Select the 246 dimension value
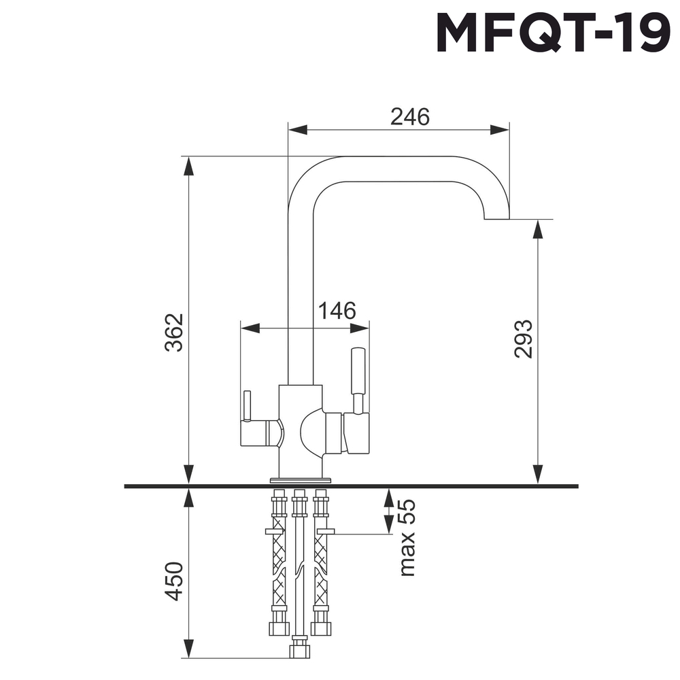point(410,117)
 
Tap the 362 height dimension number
point(175,332)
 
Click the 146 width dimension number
point(337,311)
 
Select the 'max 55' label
point(407,538)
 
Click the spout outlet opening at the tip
point(496,220)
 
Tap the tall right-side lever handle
point(358,371)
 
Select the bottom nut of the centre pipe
point(298,651)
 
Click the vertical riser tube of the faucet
point(301,292)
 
